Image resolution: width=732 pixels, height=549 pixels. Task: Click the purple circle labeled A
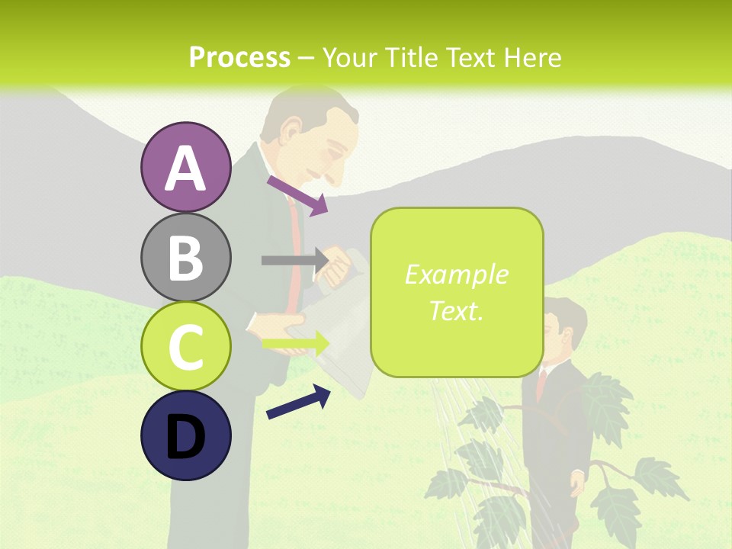(186, 167)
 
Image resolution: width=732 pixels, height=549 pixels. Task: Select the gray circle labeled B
(186, 257)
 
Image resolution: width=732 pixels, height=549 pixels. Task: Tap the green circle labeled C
(186, 346)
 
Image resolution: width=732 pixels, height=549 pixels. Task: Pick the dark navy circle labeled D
(186, 435)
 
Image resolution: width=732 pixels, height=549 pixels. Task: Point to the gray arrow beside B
(294, 260)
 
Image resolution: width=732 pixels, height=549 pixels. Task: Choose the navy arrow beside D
(298, 402)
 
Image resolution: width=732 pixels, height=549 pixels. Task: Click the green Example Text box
(457, 293)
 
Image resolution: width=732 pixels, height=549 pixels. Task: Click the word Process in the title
(239, 57)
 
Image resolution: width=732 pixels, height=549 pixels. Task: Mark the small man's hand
(578, 483)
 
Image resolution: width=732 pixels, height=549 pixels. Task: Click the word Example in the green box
(456, 274)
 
